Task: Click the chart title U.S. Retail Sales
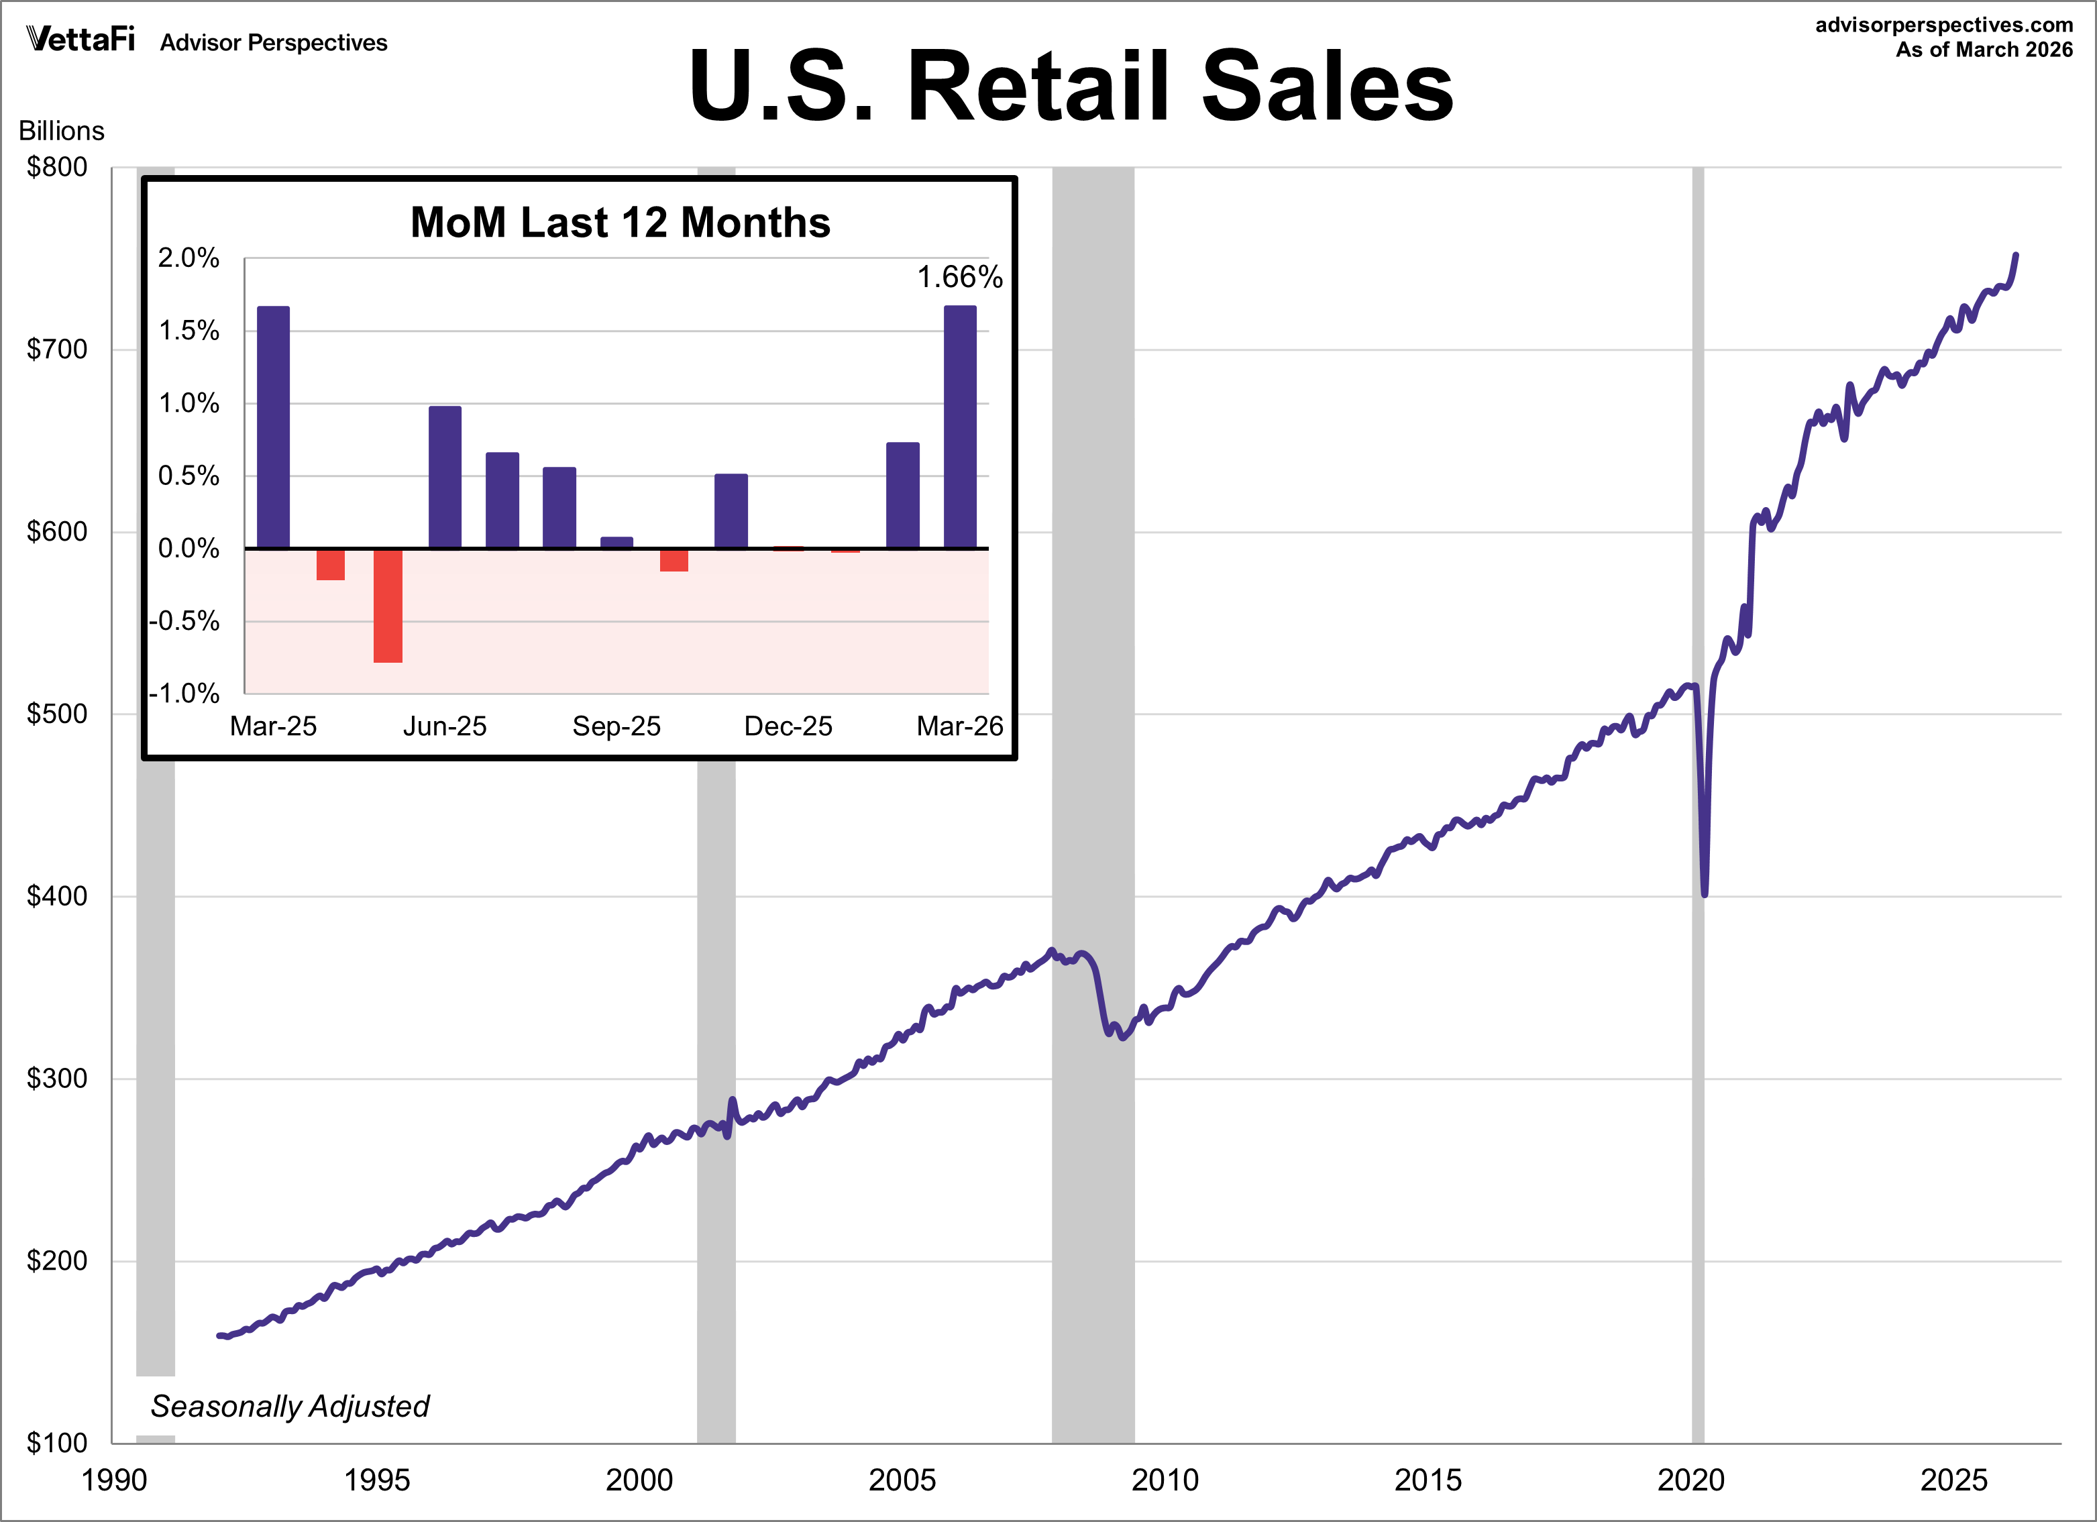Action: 1071,85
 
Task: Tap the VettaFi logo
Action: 81,39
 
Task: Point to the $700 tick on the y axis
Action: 57,349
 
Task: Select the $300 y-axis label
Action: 57,1078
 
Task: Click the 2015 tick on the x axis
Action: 1428,1480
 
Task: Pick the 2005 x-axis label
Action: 902,1480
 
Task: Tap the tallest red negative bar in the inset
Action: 388,606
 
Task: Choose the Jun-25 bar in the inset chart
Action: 445,477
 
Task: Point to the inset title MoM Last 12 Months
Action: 621,223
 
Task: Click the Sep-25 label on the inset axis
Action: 616,726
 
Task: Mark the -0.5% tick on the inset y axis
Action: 185,620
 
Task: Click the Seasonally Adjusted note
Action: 289,1407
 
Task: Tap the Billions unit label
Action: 61,130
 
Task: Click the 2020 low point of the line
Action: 1704,893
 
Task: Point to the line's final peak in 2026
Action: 2016,255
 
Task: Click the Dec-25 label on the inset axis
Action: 788,726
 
